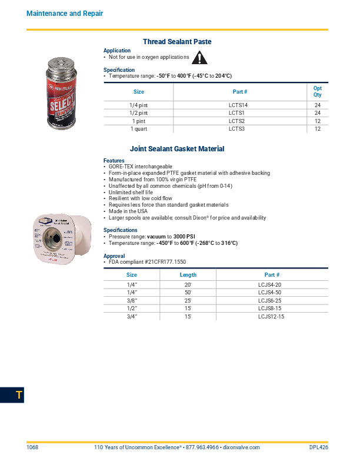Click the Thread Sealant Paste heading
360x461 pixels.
177,42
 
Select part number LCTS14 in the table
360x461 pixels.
238,105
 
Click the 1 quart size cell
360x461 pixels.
139,129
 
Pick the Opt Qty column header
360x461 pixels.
317,91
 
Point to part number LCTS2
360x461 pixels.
236,121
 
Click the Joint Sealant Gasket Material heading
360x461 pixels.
177,149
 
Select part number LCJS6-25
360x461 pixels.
271,300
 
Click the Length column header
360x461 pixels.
188,275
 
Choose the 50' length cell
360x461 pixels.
188,293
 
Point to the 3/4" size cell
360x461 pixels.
132,317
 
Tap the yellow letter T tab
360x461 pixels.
19,396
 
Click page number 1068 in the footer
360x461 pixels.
32,447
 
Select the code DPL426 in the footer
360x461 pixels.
318,447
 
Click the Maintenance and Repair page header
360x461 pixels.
65,14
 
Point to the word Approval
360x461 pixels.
115,256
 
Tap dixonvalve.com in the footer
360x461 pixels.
240,447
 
